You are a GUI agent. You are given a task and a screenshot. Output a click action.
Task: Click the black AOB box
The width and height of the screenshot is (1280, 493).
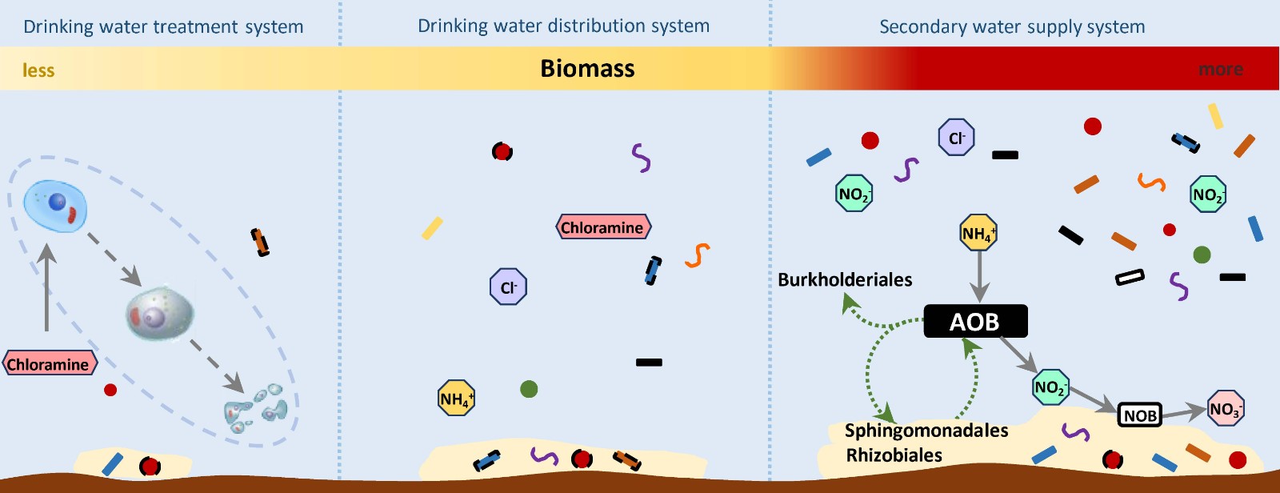(975, 322)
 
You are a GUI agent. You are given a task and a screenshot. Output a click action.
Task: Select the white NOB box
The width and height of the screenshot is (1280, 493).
(1139, 415)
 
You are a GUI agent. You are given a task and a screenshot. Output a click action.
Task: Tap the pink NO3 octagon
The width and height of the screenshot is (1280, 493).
(1226, 409)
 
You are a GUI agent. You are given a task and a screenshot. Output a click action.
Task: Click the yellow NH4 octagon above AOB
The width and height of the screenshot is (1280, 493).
(978, 233)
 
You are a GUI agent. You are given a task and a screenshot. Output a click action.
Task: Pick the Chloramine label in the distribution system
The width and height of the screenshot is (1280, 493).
(603, 227)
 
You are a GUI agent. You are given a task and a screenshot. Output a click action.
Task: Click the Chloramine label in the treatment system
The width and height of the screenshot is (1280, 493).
(50, 364)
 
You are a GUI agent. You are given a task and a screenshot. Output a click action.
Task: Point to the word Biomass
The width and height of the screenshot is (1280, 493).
(587, 69)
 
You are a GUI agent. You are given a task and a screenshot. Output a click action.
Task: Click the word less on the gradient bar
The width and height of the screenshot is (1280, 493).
(38, 70)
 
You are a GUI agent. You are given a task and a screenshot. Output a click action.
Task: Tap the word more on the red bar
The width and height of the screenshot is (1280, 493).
(1220, 70)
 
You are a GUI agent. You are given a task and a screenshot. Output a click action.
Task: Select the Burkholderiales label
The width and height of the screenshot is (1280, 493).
(845, 279)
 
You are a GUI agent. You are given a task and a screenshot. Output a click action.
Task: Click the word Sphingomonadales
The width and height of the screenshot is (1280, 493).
(926, 431)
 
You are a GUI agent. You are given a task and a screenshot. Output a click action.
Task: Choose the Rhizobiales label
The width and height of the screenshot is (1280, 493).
(894, 455)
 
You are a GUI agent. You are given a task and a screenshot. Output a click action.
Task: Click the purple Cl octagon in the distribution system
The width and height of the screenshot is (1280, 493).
(508, 287)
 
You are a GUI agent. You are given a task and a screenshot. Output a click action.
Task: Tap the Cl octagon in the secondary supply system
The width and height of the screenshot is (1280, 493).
(956, 138)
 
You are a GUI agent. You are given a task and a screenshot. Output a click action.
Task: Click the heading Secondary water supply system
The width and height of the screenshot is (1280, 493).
(1012, 26)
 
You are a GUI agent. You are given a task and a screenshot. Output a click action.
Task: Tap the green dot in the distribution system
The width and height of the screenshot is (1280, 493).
(529, 389)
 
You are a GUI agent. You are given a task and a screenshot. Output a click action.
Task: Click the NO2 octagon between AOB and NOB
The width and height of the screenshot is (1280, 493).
(1050, 387)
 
